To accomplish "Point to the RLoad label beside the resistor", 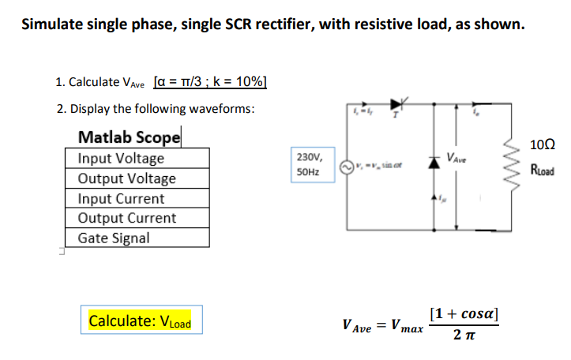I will [x=541, y=169].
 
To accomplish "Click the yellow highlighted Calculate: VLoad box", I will [x=141, y=321].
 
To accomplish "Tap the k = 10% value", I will [x=241, y=82].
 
